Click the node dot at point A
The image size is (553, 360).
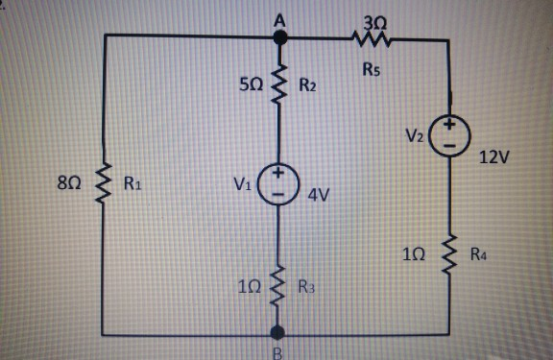[280, 37]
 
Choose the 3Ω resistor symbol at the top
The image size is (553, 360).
[371, 39]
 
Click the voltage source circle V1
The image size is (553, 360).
[279, 183]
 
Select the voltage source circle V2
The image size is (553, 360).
[448, 135]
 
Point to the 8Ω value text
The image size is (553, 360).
[71, 180]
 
